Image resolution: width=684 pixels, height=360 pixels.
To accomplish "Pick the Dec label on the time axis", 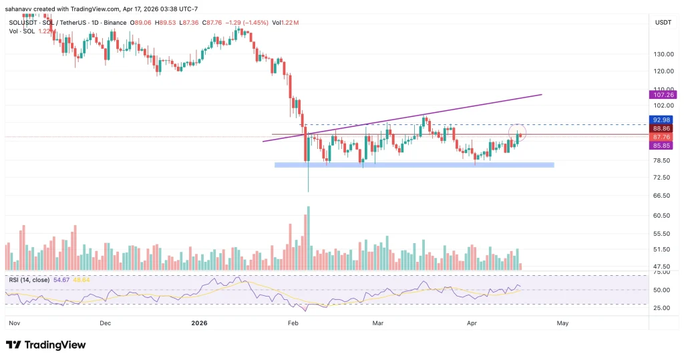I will click(104, 323).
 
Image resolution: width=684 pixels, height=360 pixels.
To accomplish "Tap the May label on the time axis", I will click(562, 323).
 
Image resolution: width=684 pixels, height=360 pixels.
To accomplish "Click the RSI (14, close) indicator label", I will click(29, 279).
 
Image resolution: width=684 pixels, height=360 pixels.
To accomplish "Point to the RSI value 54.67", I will click(61, 279).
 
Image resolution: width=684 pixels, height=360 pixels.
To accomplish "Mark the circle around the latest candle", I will click(518, 132).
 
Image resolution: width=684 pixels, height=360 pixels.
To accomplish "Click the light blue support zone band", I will click(414, 164).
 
